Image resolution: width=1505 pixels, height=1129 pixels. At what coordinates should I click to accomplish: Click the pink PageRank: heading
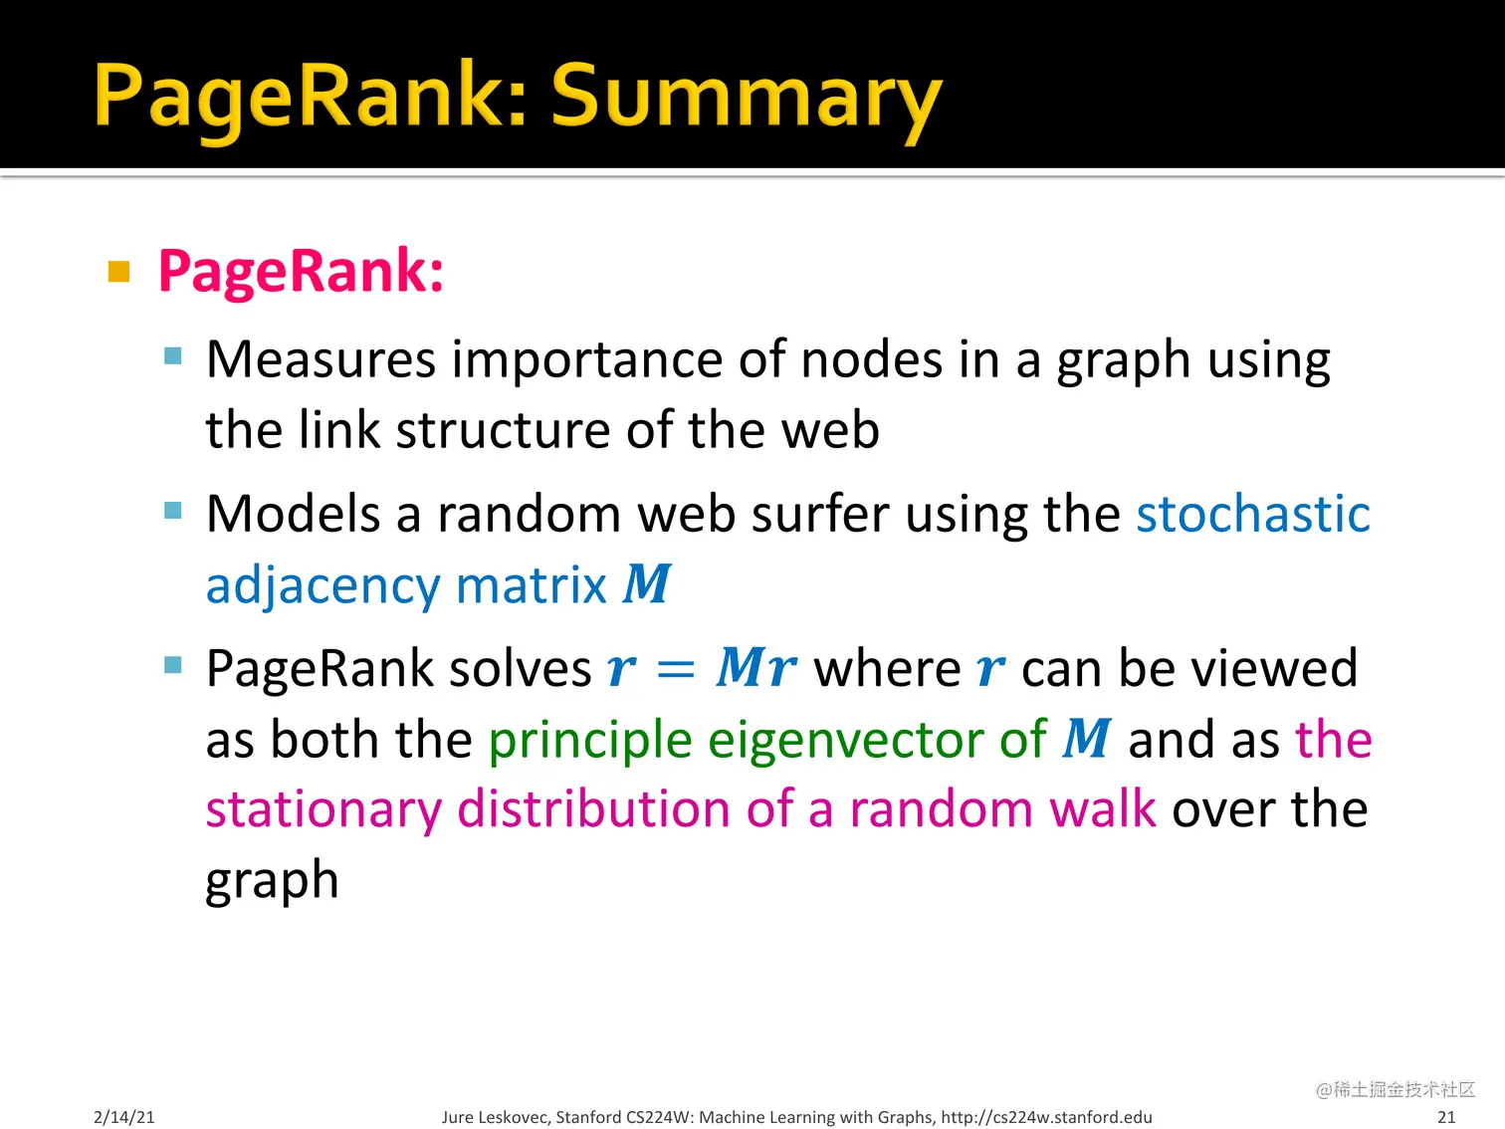coord(301,272)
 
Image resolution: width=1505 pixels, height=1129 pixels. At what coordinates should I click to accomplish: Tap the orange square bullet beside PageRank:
coord(118,272)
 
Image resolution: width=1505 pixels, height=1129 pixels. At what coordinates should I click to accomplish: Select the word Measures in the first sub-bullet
coord(321,359)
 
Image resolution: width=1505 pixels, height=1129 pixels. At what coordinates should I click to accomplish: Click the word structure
coord(503,430)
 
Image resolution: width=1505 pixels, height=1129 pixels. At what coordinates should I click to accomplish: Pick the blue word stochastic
coord(1253,513)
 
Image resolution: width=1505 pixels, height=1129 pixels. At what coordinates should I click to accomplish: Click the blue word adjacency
coord(322,586)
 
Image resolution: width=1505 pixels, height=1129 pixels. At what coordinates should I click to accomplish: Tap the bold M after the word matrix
coord(647,584)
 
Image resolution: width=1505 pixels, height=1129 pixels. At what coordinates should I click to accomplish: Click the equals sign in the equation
coord(676,669)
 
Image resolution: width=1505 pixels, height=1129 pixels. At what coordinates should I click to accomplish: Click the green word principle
coord(590,742)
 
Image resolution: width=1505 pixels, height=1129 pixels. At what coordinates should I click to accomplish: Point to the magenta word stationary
coord(324,811)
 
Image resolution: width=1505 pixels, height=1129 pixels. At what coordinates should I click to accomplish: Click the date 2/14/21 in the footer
coord(124,1117)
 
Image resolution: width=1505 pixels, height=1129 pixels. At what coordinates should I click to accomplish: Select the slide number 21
coord(1446,1117)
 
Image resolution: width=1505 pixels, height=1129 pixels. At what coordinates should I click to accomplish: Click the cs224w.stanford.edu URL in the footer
coord(1046,1117)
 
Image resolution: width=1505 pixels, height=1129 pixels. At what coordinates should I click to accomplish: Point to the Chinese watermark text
coord(1396,1089)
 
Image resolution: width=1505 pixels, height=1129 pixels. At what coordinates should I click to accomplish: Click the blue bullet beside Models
coord(173,511)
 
